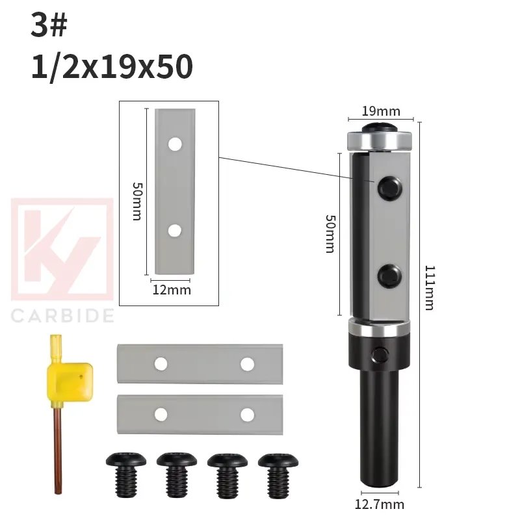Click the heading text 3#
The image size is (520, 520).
pyautogui.click(x=49, y=27)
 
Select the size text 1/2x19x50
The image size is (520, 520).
pyautogui.click(x=112, y=66)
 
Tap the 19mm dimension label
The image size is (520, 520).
pyautogui.click(x=380, y=111)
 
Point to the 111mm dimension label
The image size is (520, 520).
pyautogui.click(x=430, y=287)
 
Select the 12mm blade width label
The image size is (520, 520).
pyautogui.click(x=171, y=290)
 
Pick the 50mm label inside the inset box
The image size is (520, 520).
pyautogui.click(x=137, y=201)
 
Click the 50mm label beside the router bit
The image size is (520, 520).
pyautogui.click(x=330, y=234)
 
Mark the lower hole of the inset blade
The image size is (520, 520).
pyautogui.click(x=174, y=230)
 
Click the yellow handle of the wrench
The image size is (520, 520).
pyautogui.click(x=69, y=376)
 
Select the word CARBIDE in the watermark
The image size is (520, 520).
pyautogui.click(x=62, y=316)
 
